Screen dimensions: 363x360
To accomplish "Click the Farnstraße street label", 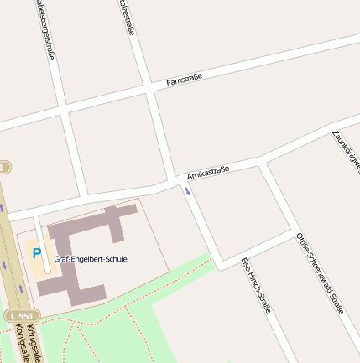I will (185, 80).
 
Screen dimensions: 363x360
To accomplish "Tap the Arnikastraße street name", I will (208, 174).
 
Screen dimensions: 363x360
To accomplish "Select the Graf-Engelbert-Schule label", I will (91, 259).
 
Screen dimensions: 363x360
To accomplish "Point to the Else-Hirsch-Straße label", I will (256, 285).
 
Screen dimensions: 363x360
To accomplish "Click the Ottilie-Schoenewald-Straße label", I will (320, 273).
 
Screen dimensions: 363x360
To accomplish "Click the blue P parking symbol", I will (36, 252).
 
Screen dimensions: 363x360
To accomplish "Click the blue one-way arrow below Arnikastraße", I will (188, 192).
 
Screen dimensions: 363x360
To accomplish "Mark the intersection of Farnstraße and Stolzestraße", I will (149, 87).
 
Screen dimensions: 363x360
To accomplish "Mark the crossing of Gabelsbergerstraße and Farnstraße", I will (60, 109).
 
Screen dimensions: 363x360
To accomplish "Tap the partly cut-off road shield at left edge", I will (4, 168).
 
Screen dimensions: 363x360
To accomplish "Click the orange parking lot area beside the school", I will (38, 260).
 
